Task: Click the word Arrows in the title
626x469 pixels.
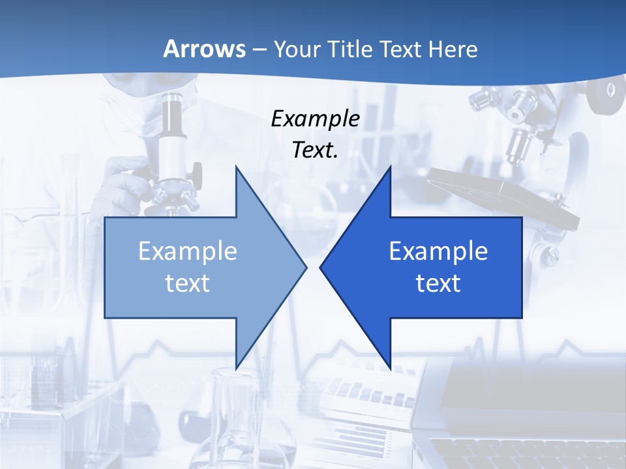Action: [204, 49]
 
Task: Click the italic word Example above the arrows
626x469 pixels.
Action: [315, 119]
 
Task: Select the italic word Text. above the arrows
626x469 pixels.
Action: [315, 150]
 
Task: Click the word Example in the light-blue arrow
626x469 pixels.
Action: [188, 251]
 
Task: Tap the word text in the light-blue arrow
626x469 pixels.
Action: [188, 283]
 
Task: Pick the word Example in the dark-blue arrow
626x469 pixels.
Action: [438, 251]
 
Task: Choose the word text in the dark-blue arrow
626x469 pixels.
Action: [438, 283]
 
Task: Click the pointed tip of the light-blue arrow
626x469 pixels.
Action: [306, 267]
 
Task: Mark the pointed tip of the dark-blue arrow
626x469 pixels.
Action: [321, 267]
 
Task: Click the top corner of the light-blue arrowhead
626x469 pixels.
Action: [236, 167]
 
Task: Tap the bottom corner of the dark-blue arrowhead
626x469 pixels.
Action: [390, 368]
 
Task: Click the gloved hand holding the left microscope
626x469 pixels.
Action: [127, 182]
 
